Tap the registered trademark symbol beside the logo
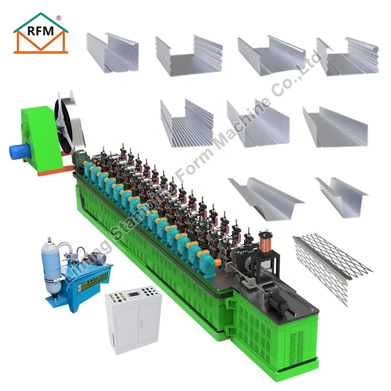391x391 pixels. click(x=59, y=18)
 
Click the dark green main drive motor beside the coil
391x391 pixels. click(x=78, y=157)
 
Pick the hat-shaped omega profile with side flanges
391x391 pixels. click(x=264, y=195)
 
